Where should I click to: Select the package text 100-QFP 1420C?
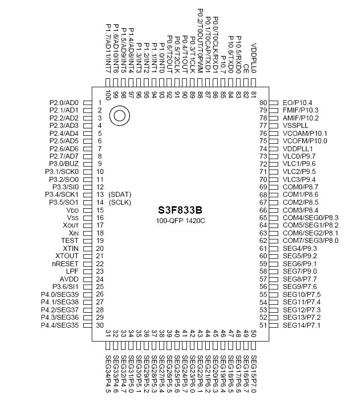click(x=181, y=220)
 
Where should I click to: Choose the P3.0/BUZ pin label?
click(x=64, y=164)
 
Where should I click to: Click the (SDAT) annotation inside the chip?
click(x=120, y=194)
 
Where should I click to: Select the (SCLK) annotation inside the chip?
click(x=120, y=202)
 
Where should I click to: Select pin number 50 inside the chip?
click(x=253, y=334)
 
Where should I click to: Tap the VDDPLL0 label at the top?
click(x=254, y=57)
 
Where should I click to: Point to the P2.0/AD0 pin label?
click(x=64, y=103)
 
